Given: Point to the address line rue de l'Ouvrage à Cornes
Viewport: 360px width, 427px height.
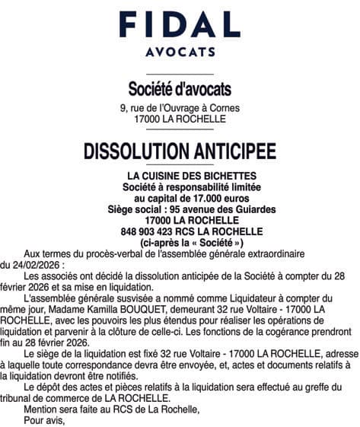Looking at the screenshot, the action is (185, 108).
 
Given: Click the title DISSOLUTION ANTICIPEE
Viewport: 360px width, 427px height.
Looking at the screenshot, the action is (179, 150).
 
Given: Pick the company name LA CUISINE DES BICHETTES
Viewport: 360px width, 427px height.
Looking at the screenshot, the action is (180, 176).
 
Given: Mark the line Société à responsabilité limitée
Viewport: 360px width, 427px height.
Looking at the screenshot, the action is (180, 186).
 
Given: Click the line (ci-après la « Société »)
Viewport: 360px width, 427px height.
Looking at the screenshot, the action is (180, 242).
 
